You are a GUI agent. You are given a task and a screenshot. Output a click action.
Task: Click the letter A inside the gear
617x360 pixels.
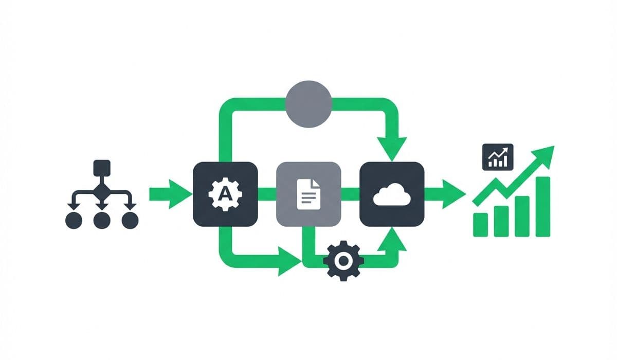coord(225,194)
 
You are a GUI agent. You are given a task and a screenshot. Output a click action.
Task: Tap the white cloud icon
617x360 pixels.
coord(392,195)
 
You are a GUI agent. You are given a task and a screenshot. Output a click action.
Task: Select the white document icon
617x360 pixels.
coord(308,194)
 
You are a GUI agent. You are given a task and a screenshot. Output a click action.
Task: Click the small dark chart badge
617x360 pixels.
coord(498,157)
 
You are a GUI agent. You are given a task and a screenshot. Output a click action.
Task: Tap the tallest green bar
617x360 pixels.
coord(542,206)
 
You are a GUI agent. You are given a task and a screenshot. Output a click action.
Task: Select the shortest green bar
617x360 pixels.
coord(481,224)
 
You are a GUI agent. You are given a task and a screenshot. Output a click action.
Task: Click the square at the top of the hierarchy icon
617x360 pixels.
coord(101,168)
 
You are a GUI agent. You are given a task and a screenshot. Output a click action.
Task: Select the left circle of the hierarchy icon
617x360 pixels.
coord(74,220)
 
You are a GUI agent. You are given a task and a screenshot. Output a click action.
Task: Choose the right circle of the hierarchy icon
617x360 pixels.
coord(130,220)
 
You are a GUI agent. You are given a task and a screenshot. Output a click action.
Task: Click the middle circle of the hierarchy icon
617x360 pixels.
coord(102,220)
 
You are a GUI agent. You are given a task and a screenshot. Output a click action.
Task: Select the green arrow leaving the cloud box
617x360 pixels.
coord(446,194)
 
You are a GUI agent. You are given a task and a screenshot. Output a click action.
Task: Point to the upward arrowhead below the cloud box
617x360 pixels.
coord(392,238)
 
